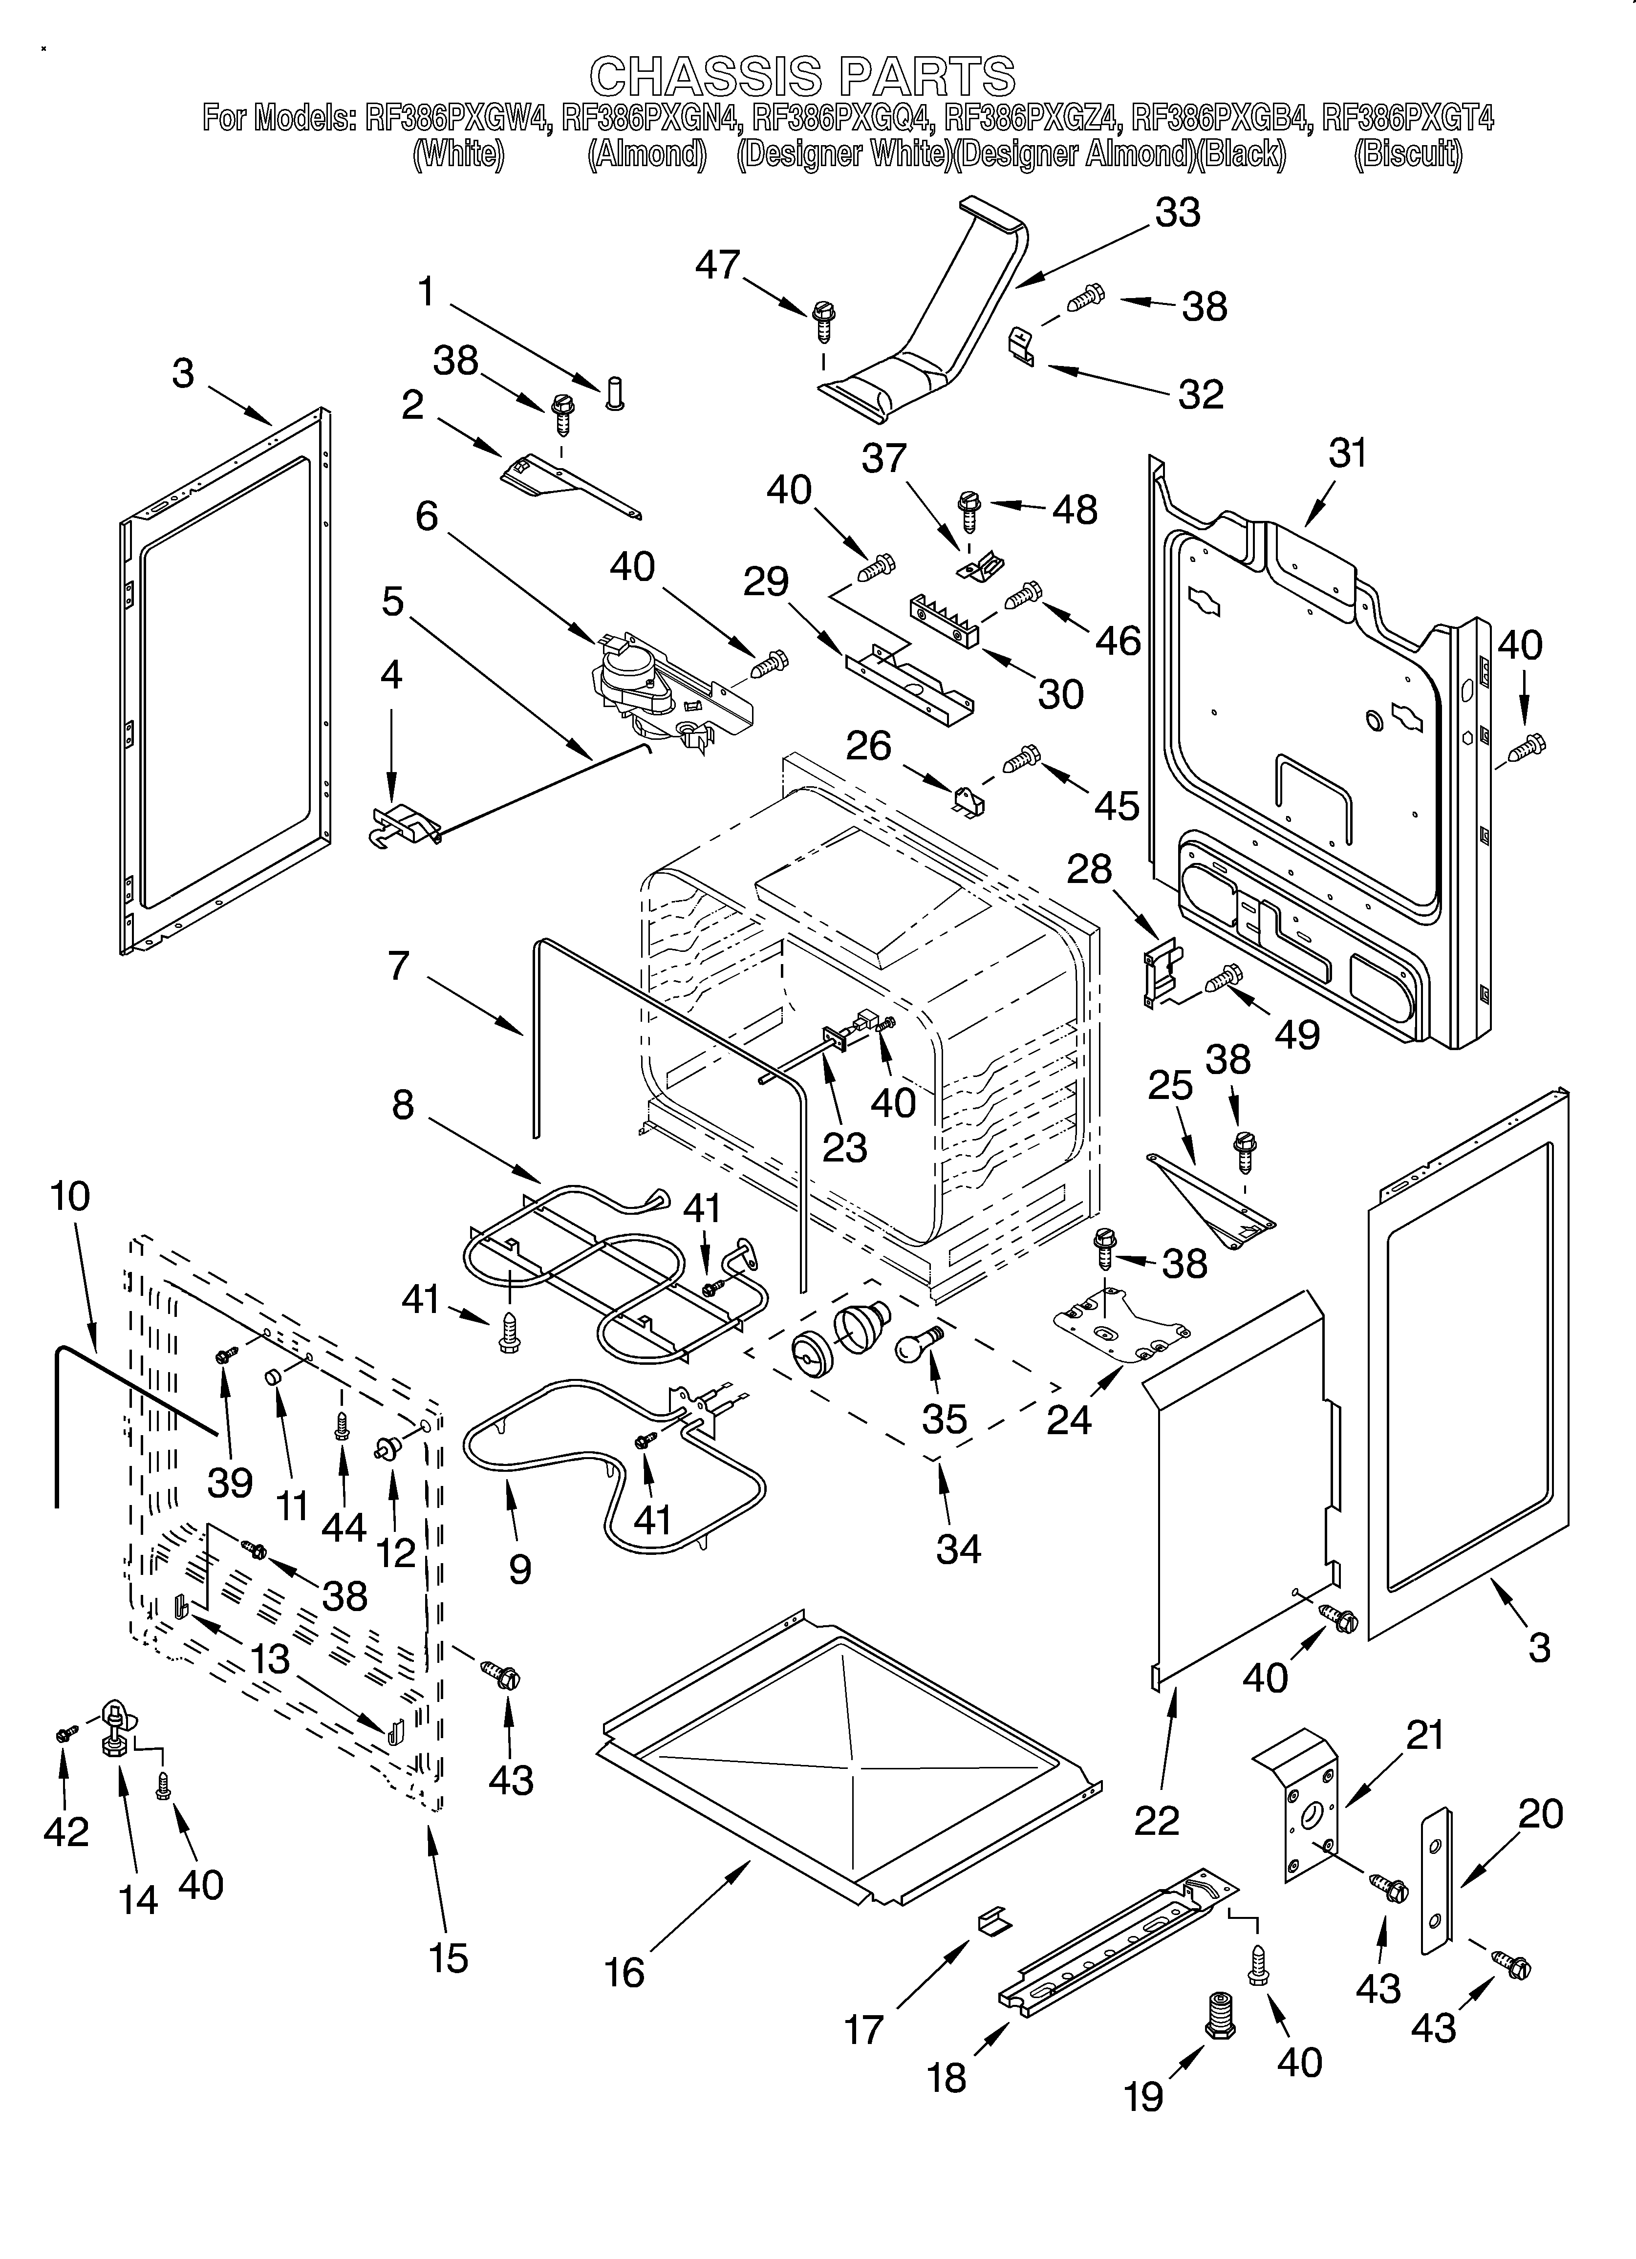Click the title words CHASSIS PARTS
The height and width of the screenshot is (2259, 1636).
803,77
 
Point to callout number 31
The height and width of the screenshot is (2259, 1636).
1347,454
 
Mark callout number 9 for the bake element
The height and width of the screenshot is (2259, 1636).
519,1569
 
